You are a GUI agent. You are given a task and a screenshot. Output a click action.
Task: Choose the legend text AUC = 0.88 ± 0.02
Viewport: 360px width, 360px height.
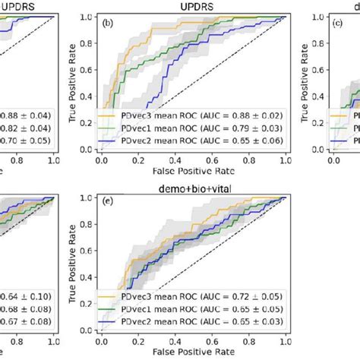tap(232, 115)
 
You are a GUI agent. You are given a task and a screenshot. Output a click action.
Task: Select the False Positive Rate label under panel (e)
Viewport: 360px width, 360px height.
tap(191, 353)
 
